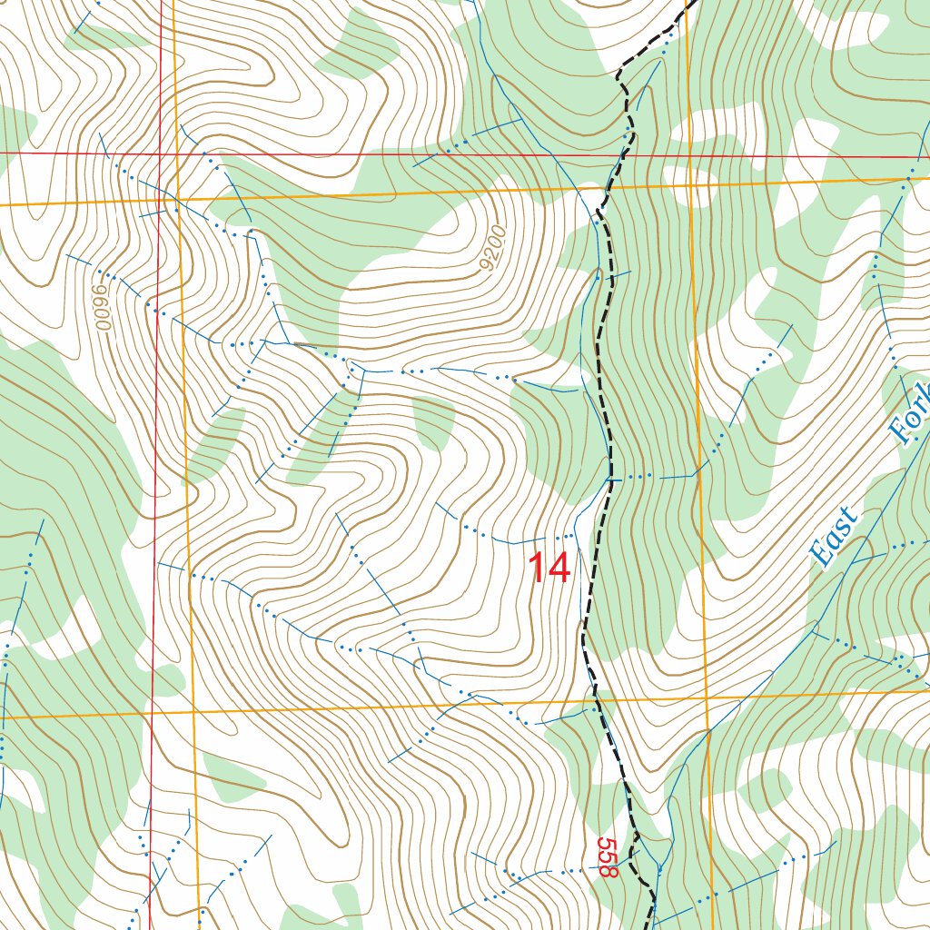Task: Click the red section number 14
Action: (549, 569)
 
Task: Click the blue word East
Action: (834, 538)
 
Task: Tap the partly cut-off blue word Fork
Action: (912, 413)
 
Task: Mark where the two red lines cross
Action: (161, 153)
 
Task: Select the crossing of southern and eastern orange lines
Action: (707, 697)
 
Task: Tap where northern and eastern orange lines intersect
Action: (689, 183)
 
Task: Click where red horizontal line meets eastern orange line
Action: (688, 155)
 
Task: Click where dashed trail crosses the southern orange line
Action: (596, 700)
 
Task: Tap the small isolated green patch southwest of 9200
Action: (434, 422)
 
